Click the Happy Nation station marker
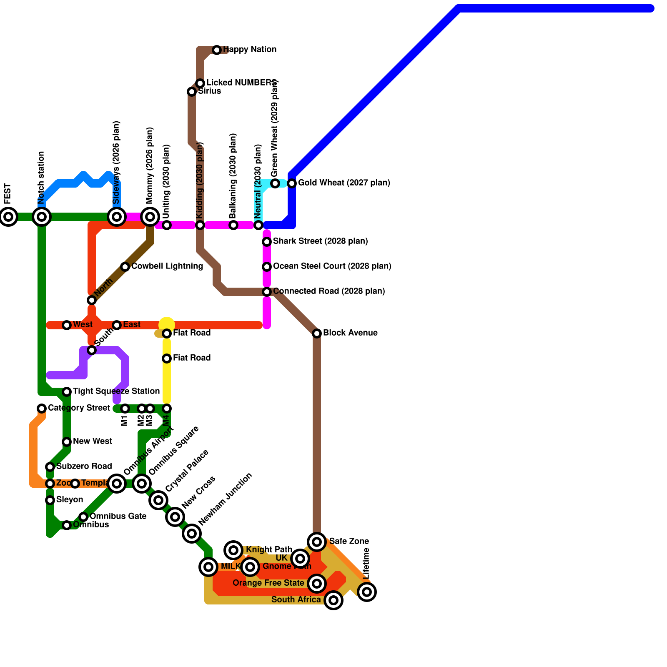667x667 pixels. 217,50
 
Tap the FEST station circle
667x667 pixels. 8,217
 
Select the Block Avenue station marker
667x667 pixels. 317,333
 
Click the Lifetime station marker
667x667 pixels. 367,592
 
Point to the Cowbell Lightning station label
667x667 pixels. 167,266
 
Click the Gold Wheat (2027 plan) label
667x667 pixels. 344,183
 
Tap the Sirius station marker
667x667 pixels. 192,92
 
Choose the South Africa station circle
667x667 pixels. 333,600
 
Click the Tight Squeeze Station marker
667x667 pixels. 67,392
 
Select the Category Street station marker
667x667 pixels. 42,409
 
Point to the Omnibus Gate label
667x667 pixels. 118,517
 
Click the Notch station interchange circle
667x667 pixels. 42,217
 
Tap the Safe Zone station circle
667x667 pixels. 317,542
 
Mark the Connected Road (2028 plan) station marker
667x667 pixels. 267,292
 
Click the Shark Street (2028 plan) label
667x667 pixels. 320,241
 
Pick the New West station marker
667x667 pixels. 67,442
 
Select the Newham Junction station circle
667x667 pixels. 192,534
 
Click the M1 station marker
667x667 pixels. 125,409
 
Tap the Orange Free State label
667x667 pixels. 268,583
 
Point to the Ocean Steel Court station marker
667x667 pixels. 267,267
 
